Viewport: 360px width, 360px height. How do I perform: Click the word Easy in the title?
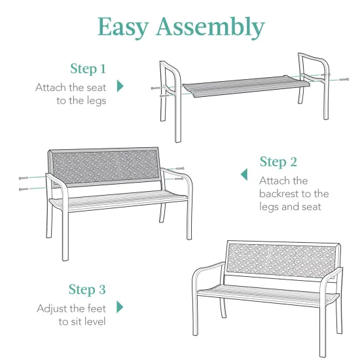click(126, 27)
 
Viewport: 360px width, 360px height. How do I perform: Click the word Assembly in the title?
click(211, 27)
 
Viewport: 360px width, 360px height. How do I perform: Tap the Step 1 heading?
click(88, 69)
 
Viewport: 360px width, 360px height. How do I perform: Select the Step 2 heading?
click(278, 162)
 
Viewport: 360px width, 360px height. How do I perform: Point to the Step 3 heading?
click(88, 290)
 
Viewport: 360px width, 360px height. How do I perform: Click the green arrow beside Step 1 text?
click(120, 86)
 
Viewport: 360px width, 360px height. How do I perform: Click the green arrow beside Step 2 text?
click(244, 174)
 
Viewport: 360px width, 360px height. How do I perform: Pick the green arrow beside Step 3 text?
click(120, 306)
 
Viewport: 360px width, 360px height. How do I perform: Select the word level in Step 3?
click(93, 321)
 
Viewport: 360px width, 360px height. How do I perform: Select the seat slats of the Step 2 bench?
click(118, 200)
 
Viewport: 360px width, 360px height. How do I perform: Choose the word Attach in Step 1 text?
click(50, 86)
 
